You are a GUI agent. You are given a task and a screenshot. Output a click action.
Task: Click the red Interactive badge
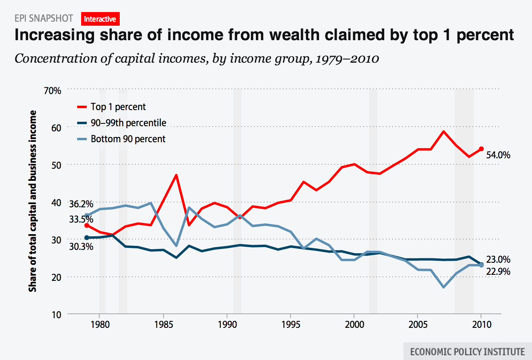(100, 18)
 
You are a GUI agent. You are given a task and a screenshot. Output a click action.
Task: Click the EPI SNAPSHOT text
(43, 18)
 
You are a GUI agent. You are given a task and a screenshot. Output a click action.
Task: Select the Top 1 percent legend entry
(118, 107)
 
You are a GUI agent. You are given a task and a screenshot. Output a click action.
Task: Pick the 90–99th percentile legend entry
(128, 123)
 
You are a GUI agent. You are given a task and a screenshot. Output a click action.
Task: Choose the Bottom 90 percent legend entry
(128, 139)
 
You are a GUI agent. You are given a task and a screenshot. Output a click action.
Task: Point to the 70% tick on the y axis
(52, 90)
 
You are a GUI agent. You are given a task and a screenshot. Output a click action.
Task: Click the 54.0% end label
(498, 155)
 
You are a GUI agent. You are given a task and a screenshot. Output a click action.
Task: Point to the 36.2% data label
(81, 204)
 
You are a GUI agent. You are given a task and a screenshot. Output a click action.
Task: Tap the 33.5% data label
(81, 219)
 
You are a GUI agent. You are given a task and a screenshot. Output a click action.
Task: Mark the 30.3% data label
(81, 246)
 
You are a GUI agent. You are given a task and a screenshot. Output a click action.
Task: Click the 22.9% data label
(498, 272)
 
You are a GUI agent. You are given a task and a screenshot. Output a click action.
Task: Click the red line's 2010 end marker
(481, 149)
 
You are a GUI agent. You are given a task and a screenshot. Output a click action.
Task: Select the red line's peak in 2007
(443, 131)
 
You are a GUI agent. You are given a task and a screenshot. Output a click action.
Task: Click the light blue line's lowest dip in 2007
(443, 287)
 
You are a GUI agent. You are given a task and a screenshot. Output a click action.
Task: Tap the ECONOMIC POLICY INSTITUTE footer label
(467, 351)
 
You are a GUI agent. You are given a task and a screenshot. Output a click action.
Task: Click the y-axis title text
(33, 201)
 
